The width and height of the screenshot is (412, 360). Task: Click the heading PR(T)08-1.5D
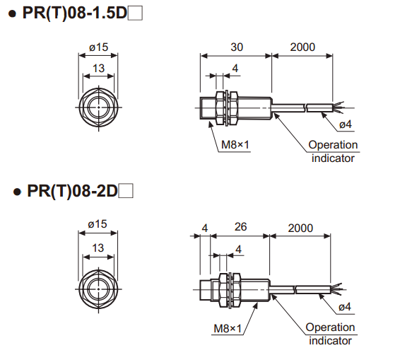click(75, 13)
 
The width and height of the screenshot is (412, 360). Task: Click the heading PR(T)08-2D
click(73, 191)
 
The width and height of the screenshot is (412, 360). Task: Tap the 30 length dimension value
click(237, 47)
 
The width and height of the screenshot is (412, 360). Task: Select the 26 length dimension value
click(240, 226)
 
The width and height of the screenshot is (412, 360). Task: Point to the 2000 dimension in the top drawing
click(302, 47)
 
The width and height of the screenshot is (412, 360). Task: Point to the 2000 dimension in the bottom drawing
click(300, 228)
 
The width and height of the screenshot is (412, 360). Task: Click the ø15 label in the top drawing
click(98, 47)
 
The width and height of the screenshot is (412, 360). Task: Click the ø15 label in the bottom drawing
click(98, 224)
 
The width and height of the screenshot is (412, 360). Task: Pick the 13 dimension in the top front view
click(98, 69)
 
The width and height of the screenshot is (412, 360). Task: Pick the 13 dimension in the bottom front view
click(98, 248)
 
